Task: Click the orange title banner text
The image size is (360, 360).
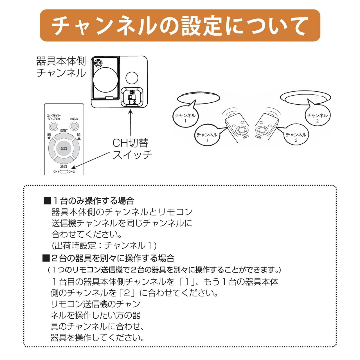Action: [x=180, y=26]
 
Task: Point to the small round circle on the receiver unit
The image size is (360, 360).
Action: [x=132, y=77]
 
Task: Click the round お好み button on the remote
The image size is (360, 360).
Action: [x=74, y=126]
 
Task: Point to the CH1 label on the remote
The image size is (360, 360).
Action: [x=56, y=172]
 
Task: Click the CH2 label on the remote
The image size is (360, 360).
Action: [x=72, y=172]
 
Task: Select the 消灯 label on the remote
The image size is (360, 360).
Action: [x=64, y=166]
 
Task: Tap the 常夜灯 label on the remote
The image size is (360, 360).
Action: [x=64, y=131]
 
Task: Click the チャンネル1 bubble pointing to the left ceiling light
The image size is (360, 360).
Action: [x=185, y=118]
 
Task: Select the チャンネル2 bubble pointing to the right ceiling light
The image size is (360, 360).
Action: [x=317, y=118]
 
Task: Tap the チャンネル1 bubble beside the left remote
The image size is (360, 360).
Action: [x=207, y=137]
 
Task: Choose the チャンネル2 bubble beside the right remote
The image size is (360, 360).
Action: [x=296, y=137]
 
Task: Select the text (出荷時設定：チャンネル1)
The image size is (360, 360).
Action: [x=104, y=246]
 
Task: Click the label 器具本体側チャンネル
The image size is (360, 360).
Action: [x=61, y=67]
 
